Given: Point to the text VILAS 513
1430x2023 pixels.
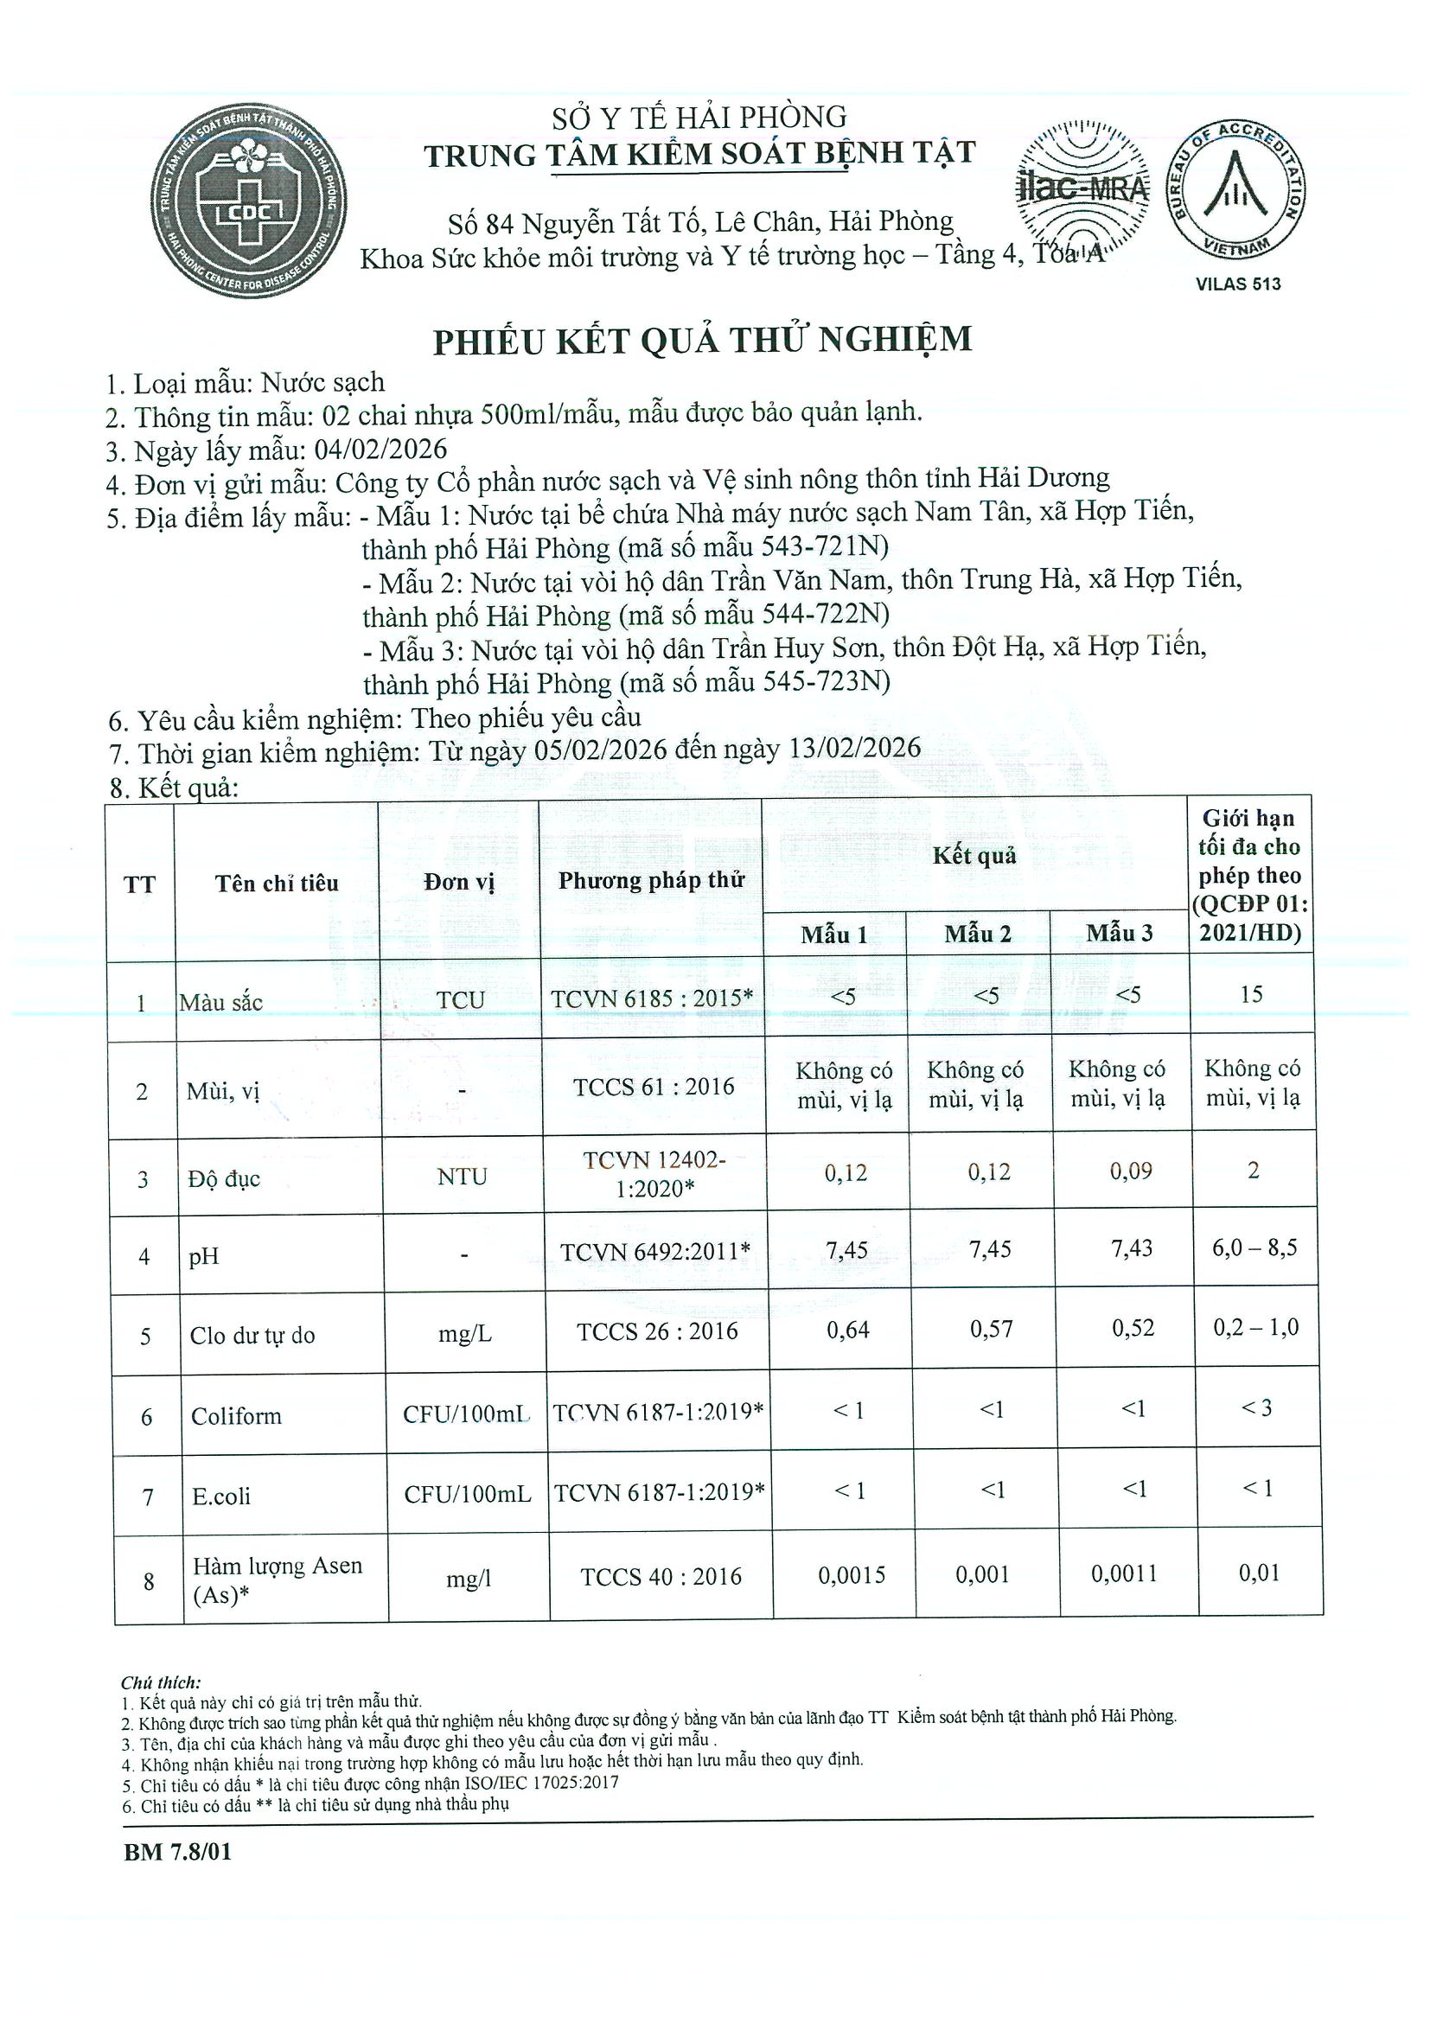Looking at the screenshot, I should click(1238, 284).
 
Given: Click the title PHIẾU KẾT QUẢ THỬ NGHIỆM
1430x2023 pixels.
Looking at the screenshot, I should click(702, 340).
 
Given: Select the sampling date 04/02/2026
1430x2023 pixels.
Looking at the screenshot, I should click(380, 450).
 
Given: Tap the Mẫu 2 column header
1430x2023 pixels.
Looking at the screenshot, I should click(977, 934).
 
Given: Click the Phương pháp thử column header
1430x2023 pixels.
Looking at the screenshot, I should click(651, 880).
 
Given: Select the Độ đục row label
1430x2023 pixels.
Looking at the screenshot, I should click(225, 1179).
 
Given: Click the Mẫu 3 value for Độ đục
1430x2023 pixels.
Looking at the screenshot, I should click(1131, 1171).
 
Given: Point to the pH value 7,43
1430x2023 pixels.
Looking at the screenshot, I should click(1133, 1248).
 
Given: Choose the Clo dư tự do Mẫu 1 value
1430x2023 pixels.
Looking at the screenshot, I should click(847, 1330).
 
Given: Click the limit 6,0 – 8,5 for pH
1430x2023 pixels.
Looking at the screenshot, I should click(1254, 1248).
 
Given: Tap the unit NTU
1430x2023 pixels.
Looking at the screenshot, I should click(462, 1177).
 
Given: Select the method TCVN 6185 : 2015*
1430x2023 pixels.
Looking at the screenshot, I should click(652, 999).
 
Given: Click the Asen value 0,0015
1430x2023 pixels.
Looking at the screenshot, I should click(851, 1575).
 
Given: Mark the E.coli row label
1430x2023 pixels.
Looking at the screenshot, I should click(221, 1497).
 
